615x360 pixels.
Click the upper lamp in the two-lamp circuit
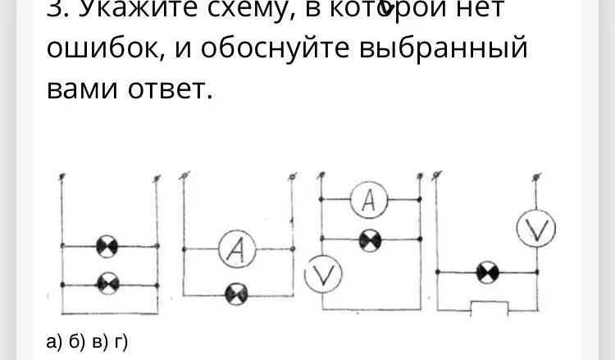coord(107,245)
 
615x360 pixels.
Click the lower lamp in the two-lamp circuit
coord(107,283)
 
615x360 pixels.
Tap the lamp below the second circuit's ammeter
coord(235,291)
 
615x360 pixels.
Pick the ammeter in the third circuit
coord(368,199)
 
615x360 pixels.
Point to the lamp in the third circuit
coord(368,239)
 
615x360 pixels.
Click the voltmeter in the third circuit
coord(322,276)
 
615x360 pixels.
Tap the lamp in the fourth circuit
coord(488,271)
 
